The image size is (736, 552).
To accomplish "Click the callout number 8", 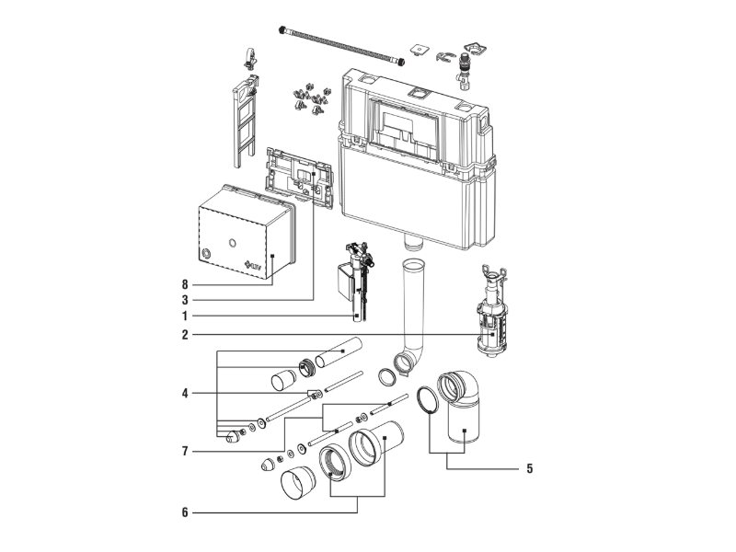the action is click(185, 284).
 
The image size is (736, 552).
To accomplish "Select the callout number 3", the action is click(185, 300).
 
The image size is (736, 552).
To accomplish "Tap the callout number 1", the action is click(185, 316).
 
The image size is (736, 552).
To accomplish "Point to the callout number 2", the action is click(185, 335).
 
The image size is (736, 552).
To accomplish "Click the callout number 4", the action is click(185, 394).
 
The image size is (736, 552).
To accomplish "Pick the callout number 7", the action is click(185, 452).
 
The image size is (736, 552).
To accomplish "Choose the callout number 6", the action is click(185, 512).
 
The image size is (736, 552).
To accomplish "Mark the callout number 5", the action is click(530, 468).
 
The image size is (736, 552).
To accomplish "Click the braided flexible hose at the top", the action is click(342, 45).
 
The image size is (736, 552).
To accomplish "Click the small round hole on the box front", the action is click(232, 243).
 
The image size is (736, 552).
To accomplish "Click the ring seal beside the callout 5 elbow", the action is click(428, 400).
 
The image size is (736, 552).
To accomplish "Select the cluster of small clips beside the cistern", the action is click(311, 99).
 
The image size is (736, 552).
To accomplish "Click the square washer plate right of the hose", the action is click(417, 50).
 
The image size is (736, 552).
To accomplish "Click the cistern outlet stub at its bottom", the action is click(413, 243).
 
